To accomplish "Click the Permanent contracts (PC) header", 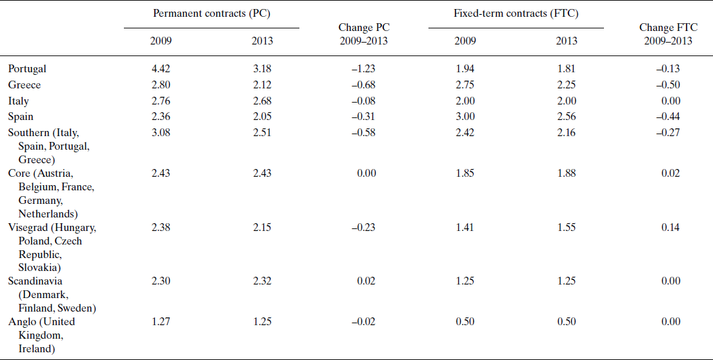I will (212, 14).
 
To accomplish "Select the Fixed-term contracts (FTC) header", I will (516, 14).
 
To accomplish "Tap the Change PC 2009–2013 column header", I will (364, 34).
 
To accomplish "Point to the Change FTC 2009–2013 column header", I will (665, 34).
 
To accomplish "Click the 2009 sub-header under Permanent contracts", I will (161, 41).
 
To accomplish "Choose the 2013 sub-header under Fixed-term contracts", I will (566, 41).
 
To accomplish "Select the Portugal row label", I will (27, 68).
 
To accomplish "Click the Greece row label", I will (24, 85).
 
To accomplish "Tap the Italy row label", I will (18, 101).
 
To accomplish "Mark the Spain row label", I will (21, 117).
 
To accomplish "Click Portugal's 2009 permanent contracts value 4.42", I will (161, 68).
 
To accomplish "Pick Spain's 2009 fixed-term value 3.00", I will (465, 117).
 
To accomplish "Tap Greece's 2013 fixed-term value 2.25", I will (566, 85).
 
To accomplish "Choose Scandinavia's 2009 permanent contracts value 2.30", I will (161, 281).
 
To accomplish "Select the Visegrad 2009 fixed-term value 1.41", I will (465, 227).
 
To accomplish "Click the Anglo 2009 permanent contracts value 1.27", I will (161, 321).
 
